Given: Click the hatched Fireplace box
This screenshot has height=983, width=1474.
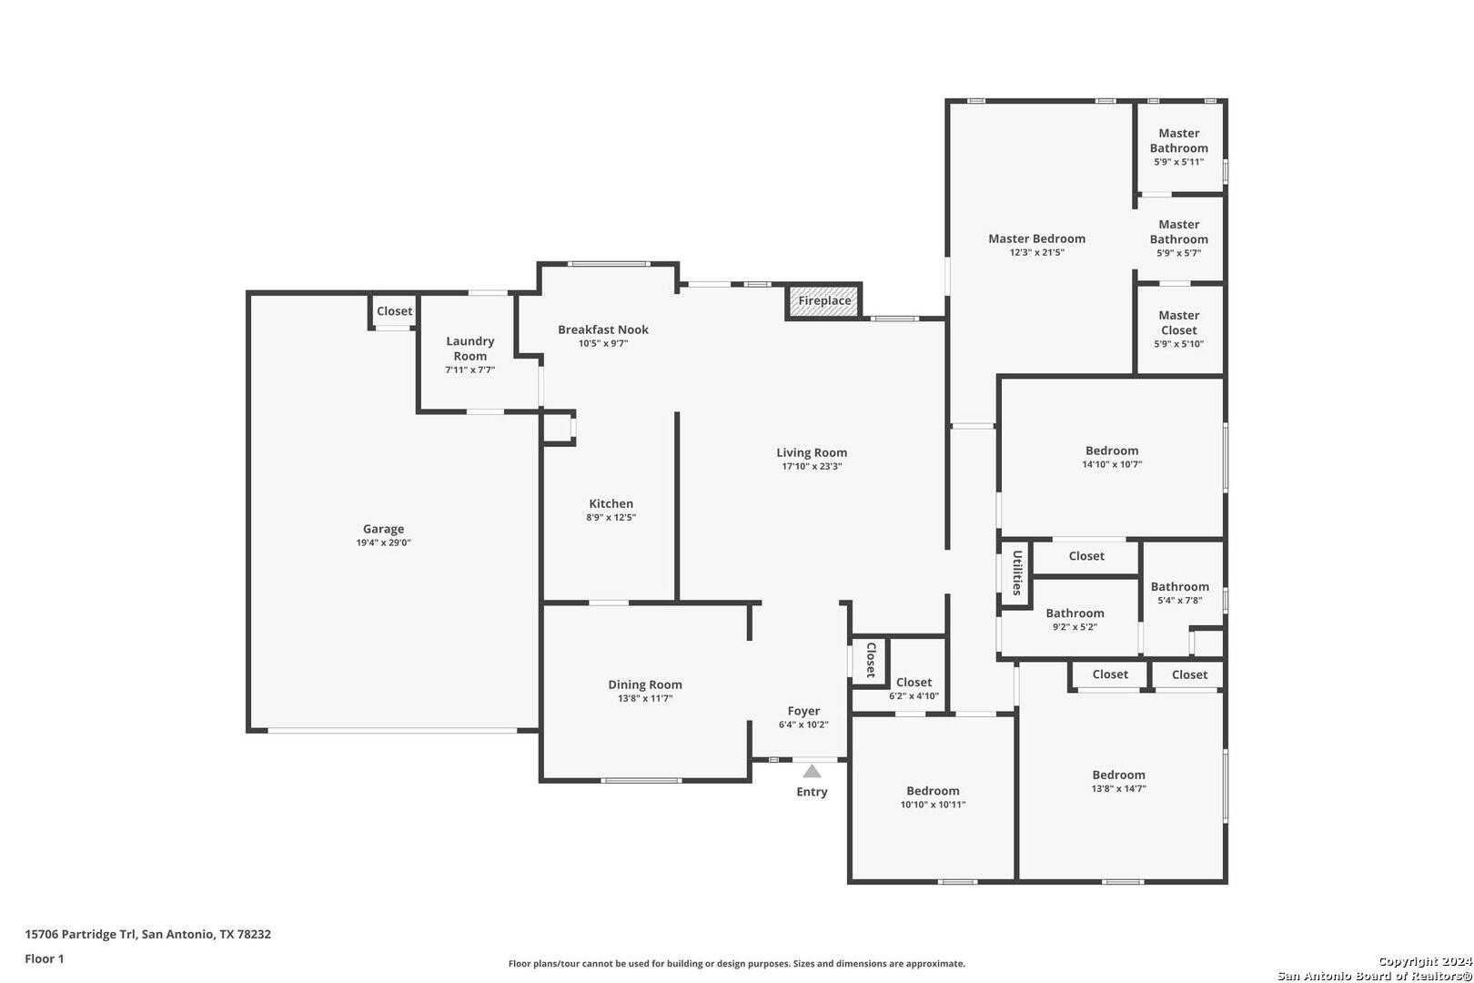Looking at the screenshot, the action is pos(823,301).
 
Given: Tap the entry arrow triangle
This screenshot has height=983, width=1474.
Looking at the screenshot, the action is pos(812,771).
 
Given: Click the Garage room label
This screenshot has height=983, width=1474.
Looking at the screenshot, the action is pos(384,529).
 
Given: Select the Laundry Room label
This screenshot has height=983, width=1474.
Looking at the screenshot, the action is pos(469,349).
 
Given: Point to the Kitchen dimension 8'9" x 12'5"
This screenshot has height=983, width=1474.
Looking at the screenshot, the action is pos(611,518).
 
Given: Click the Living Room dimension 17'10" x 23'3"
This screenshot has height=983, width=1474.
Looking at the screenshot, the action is pos(812,466).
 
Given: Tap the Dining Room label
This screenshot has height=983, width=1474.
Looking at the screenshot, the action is pos(645,684).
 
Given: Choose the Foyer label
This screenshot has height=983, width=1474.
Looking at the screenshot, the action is pos(803,711).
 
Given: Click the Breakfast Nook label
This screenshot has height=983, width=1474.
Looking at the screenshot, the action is pos(602,329).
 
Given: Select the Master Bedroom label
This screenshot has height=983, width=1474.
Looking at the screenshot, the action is pos(1036,238).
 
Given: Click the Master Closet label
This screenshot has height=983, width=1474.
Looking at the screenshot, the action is pos(1178,322).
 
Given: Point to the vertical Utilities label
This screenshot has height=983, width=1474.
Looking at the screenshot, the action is pos(1017,573).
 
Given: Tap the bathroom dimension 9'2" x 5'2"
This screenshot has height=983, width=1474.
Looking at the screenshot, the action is pos(1075,627).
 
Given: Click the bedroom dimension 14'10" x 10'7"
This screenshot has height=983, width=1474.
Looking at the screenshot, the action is pos(1112,464).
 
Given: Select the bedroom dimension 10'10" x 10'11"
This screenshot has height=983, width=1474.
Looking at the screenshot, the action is pos(933,805).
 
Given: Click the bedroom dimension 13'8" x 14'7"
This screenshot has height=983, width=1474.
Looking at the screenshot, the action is pos(1118,789).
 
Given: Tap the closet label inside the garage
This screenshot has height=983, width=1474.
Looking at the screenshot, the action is pos(394,310).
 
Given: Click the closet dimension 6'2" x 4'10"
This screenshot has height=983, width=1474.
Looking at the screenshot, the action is pos(914,696).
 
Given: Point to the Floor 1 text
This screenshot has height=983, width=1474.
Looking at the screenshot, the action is pos(44,958).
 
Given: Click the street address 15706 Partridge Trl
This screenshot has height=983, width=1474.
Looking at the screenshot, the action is pos(81,934).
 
